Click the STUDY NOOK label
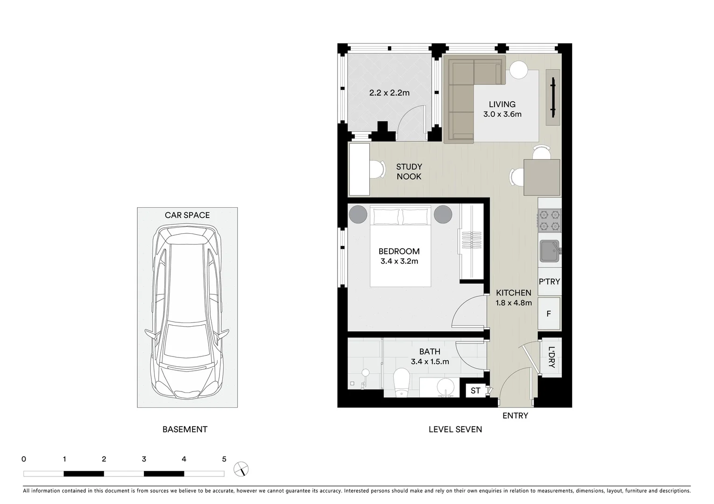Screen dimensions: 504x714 tap(409, 171)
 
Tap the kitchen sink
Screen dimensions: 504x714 tap(549, 252)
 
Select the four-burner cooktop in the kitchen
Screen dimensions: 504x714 tap(549, 220)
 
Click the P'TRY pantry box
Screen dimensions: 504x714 tap(549, 281)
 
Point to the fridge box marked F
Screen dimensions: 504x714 tap(549, 314)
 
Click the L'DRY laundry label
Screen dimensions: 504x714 tap(551, 357)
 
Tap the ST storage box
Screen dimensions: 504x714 tap(475, 391)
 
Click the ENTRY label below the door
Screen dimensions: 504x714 tap(515, 415)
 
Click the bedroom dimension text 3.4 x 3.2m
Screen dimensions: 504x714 tap(399, 261)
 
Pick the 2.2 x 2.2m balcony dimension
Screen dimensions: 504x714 tap(389, 93)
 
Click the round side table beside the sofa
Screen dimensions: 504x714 tap(518, 70)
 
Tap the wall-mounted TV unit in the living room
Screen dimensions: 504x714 tap(553, 98)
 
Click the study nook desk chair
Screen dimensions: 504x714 tap(377, 169)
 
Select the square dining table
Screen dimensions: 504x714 tap(542, 177)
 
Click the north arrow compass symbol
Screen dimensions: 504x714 tap(241, 469)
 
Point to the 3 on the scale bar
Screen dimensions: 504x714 tap(144, 459)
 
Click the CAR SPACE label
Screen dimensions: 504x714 tap(187, 215)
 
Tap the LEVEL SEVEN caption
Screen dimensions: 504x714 tap(455, 429)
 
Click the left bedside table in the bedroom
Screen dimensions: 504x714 tap(358, 215)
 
